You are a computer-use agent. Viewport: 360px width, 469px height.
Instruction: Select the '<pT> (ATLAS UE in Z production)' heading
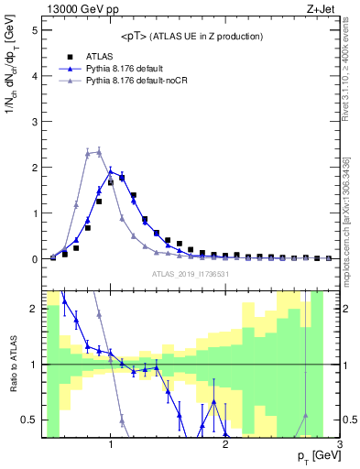tap(191, 36)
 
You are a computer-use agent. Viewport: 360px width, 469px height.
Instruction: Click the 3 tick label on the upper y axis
tap(34, 122)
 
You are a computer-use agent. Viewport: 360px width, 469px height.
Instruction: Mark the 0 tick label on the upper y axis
tap(34, 259)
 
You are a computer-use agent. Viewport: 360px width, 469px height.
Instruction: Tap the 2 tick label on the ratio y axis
tap(34, 309)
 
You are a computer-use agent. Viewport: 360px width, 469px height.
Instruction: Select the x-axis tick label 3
tap(339, 444)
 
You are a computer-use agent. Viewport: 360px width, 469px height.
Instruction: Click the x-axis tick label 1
tap(111, 444)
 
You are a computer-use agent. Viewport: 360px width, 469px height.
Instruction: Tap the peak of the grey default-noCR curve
tap(98, 152)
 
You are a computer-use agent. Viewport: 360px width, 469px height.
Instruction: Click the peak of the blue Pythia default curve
tap(110, 170)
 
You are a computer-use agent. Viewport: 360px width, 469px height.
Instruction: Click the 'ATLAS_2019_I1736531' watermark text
tap(191, 274)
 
